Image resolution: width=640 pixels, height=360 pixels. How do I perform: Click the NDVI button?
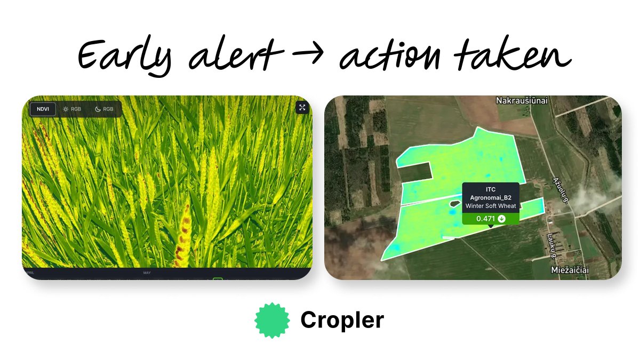[43, 109]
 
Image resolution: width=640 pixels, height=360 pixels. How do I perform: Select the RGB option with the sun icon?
[72, 109]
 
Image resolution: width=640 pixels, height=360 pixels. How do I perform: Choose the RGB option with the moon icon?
[104, 109]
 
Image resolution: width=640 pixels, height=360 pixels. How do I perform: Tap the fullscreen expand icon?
[302, 107]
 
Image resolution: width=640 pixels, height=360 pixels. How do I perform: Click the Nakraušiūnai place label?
[522, 100]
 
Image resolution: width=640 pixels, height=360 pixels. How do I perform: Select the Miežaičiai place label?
[570, 270]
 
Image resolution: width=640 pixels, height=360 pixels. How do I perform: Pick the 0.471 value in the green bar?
[486, 219]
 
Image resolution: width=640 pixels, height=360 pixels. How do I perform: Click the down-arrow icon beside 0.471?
[502, 219]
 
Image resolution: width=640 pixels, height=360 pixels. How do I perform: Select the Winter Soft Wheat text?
[491, 205]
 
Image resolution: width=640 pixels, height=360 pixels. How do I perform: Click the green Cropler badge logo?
[272, 320]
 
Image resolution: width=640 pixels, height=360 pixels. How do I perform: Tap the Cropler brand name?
[342, 320]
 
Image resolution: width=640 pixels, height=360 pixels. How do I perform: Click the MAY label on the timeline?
[147, 273]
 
